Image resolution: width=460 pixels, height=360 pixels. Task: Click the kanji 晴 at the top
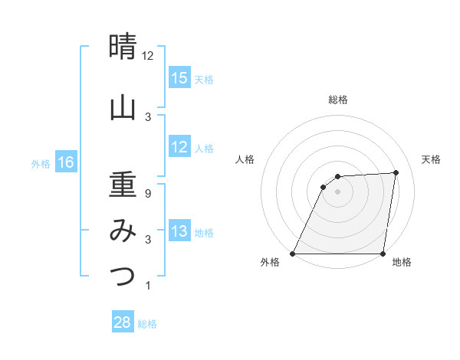pos(123,47)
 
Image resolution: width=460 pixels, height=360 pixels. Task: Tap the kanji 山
pos(123,107)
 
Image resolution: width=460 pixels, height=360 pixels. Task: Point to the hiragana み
pos(123,230)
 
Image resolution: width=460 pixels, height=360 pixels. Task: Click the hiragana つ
pos(123,276)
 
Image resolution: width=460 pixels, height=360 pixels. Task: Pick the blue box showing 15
pos(179,78)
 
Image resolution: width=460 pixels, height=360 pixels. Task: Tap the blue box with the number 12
pos(179,147)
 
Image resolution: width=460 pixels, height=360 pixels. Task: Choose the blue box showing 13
pos(179,231)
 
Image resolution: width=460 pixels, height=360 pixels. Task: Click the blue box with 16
pos(66,162)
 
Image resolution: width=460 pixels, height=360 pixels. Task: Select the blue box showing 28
pos(123,322)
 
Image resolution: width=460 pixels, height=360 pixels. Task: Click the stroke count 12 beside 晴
pos(147,56)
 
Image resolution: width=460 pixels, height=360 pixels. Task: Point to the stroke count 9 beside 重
pos(147,194)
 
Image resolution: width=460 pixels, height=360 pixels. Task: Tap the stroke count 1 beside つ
pos(147,286)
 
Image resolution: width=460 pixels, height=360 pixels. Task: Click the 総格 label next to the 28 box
pos(147,324)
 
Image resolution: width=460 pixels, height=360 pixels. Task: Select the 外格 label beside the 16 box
pos(41,163)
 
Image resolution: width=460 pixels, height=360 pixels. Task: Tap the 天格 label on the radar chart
pos(432,159)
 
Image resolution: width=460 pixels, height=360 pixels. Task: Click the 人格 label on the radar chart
pos(245,159)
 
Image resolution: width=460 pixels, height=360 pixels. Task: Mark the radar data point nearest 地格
pos(383,254)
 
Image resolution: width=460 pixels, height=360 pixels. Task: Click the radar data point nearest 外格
pos(293,254)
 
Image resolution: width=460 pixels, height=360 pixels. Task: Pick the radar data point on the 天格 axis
pos(396,172)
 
